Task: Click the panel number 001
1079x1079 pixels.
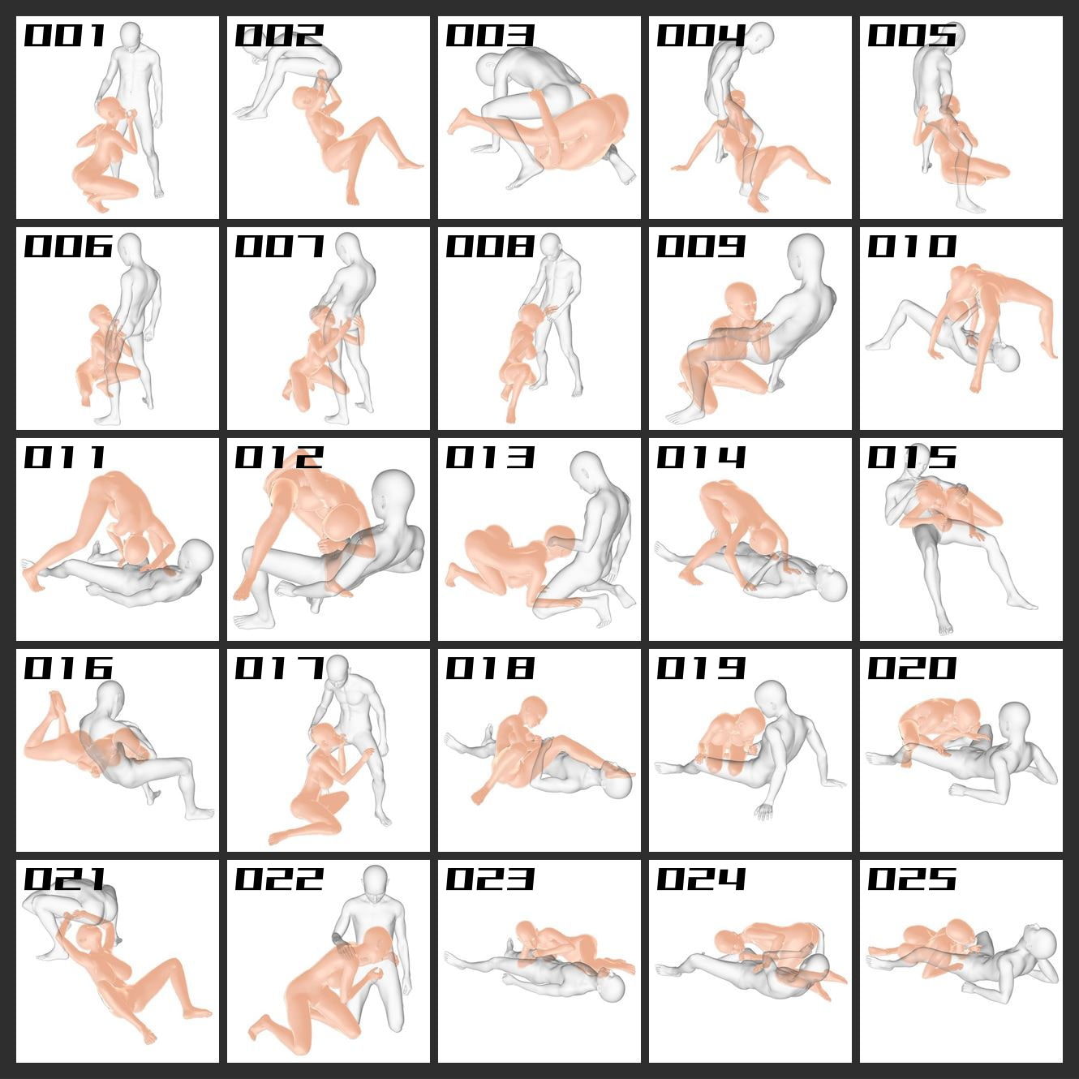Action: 64,35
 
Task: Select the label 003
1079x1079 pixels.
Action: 490,35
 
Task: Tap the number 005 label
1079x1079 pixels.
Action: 912,35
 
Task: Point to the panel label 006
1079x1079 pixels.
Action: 68,246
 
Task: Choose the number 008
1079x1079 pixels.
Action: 490,246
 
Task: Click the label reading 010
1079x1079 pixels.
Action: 912,246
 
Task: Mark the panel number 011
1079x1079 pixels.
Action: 64,457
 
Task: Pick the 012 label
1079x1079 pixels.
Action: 279,457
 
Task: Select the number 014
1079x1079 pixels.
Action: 701,457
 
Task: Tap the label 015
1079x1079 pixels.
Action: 912,457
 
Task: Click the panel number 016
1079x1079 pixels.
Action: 68,668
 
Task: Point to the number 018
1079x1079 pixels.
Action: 490,668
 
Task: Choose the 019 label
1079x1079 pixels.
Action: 701,668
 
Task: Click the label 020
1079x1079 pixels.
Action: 912,668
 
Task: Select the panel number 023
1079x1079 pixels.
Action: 490,879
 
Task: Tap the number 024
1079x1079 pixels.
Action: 701,879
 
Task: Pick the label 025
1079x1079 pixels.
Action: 912,879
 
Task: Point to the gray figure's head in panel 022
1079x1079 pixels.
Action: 375,883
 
